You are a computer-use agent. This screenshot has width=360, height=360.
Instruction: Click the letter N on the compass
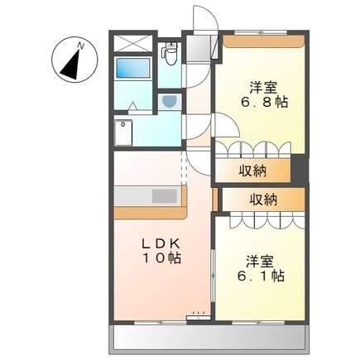(x=79, y=43)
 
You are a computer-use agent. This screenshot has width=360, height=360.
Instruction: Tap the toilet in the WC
(x=170, y=53)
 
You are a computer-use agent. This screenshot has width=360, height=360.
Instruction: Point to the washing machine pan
(x=127, y=132)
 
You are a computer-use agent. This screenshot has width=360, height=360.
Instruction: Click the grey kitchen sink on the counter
(x=162, y=196)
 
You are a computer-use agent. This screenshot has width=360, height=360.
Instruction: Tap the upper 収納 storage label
(x=253, y=170)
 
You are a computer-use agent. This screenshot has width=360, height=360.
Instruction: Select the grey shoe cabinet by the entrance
(x=199, y=50)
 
